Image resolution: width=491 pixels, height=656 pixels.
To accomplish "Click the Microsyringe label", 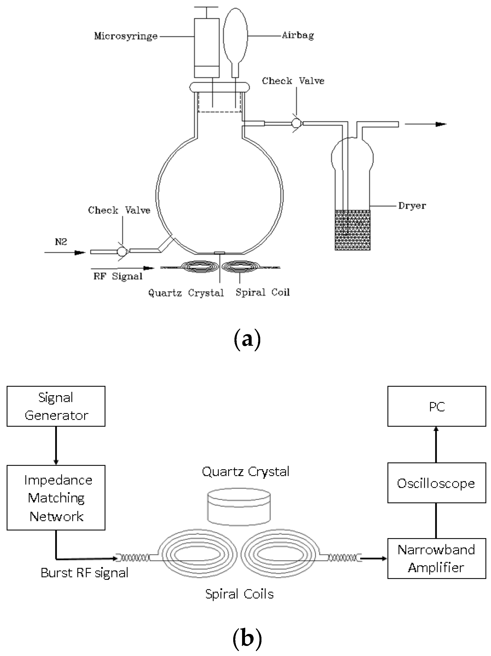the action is [x=126, y=37].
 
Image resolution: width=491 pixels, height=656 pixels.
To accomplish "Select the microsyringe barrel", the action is [x=207, y=48].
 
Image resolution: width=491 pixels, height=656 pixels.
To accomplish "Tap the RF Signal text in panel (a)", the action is [x=118, y=276].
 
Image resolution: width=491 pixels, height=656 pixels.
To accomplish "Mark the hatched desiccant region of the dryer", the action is [x=353, y=230].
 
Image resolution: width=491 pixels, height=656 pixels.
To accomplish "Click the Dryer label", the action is [x=412, y=206].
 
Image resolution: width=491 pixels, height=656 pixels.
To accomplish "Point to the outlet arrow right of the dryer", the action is [x=426, y=124].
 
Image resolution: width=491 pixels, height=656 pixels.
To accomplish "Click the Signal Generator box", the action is [x=56, y=406].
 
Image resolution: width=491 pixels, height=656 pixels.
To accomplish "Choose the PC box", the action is [x=437, y=406].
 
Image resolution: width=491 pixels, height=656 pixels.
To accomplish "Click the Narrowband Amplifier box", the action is [x=437, y=558].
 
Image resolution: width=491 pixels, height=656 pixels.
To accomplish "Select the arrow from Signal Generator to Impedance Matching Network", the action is [x=56, y=446].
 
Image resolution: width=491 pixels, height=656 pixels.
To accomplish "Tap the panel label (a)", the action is [x=247, y=340].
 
